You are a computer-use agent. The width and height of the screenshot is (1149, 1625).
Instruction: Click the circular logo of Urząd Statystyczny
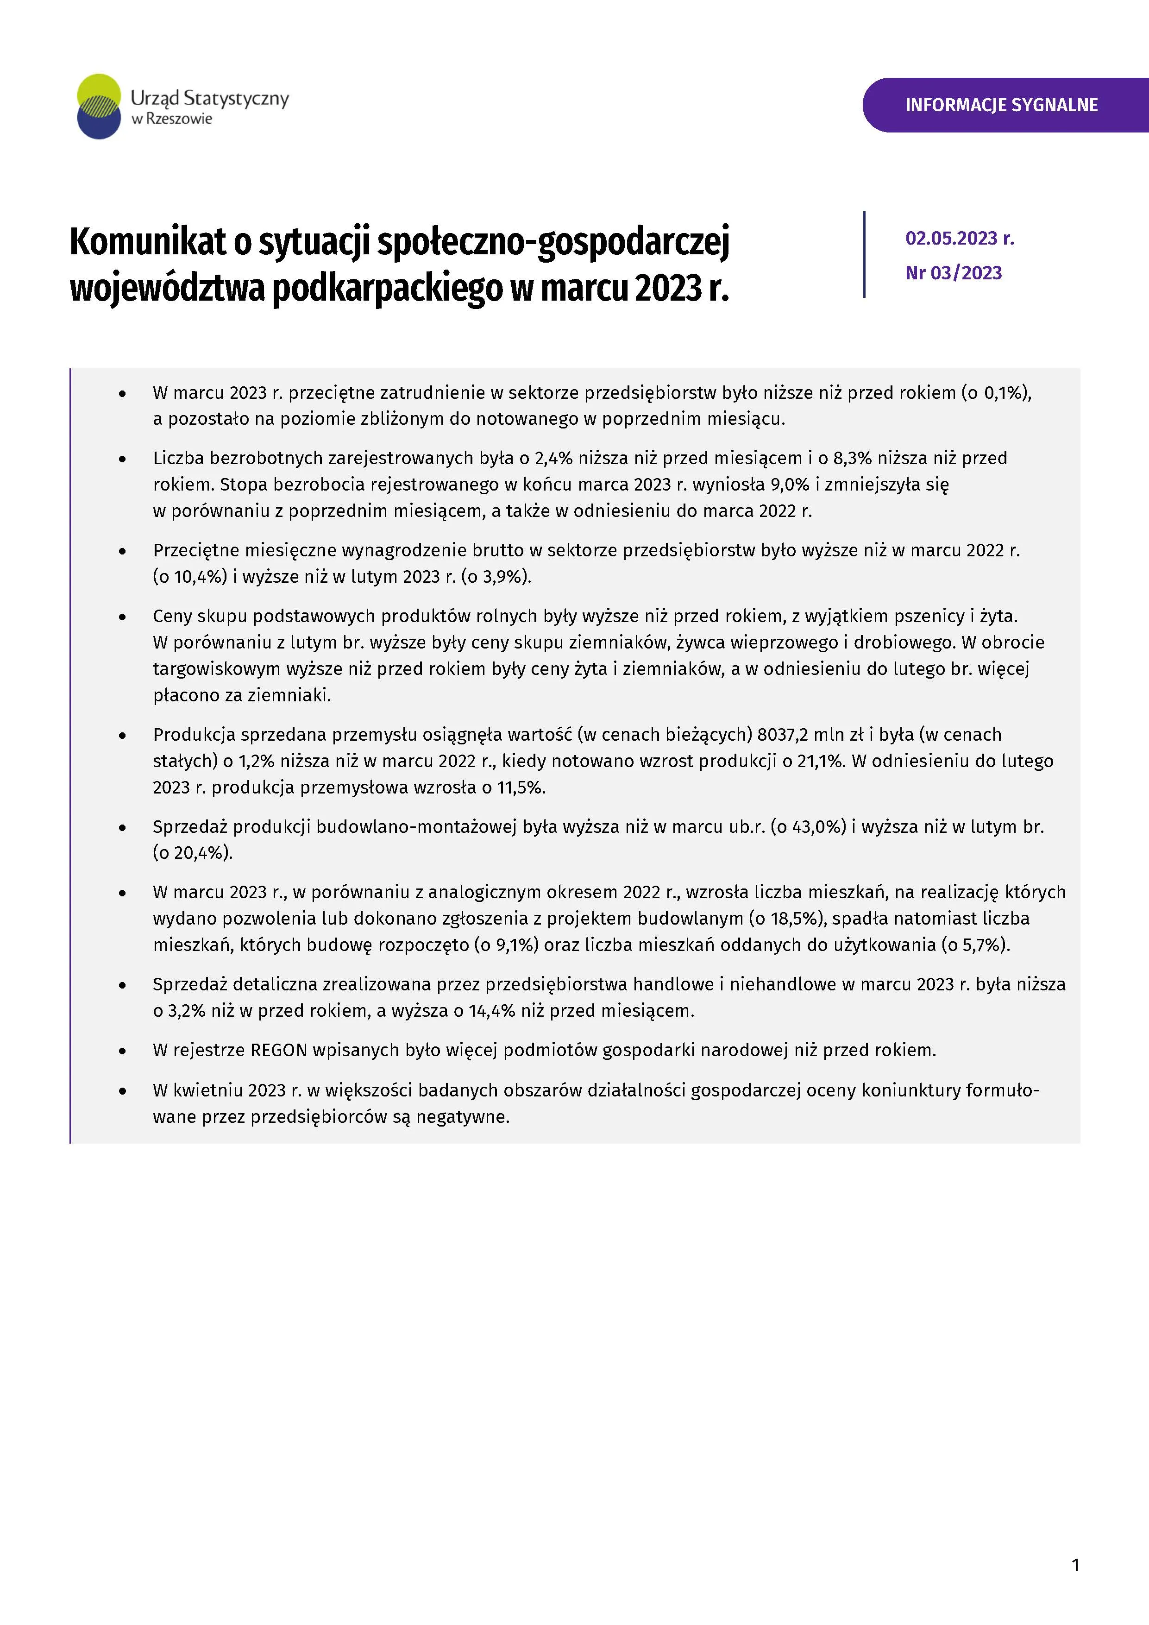(x=99, y=106)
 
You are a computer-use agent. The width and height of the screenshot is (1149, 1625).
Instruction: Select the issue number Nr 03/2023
(x=953, y=273)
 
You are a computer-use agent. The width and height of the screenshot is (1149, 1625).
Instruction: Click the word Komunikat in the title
(x=146, y=242)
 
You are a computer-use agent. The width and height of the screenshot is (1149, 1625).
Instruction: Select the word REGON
(x=279, y=1050)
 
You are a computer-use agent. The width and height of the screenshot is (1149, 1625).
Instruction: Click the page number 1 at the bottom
(x=1075, y=1565)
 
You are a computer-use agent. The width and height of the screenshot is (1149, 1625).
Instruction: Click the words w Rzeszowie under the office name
(x=172, y=120)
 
